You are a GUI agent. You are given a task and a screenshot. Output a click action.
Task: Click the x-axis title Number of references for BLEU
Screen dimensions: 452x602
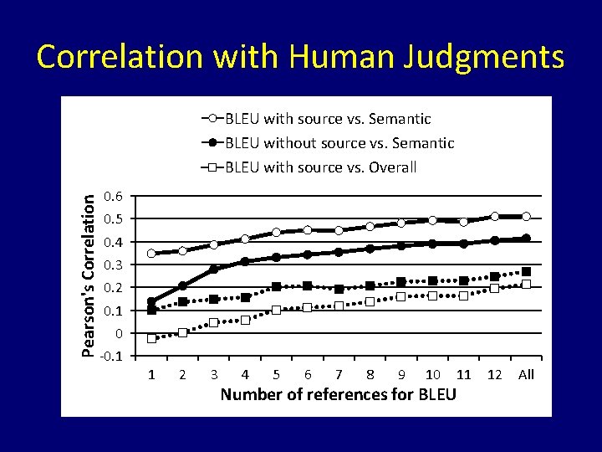click(x=338, y=394)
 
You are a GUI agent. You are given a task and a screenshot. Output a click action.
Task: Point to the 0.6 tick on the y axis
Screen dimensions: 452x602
click(x=113, y=197)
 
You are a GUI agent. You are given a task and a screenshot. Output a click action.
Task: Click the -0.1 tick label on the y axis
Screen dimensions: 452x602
click(x=111, y=357)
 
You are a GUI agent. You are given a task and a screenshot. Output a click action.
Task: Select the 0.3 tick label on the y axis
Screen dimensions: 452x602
click(x=113, y=265)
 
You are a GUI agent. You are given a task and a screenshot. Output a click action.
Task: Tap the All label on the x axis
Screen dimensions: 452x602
click(x=526, y=374)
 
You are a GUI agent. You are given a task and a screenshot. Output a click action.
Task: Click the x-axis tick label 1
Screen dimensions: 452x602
click(x=151, y=374)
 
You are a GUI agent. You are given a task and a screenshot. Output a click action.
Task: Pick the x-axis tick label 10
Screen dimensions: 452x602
click(x=432, y=374)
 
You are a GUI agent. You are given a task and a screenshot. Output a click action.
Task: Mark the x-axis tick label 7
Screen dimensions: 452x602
click(x=339, y=374)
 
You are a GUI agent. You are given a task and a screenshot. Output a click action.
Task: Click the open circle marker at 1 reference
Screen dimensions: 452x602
click(x=151, y=253)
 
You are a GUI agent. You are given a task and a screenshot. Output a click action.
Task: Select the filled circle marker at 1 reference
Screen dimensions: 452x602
click(x=151, y=302)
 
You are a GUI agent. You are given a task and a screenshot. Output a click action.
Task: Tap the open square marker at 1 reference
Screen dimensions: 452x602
click(x=151, y=338)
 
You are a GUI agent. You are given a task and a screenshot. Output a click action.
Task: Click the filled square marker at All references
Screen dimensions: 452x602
click(x=526, y=272)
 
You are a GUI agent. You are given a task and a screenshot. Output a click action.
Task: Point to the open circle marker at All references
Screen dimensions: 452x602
click(x=526, y=217)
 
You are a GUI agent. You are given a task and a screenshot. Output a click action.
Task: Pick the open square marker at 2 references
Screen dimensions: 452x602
click(x=182, y=332)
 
